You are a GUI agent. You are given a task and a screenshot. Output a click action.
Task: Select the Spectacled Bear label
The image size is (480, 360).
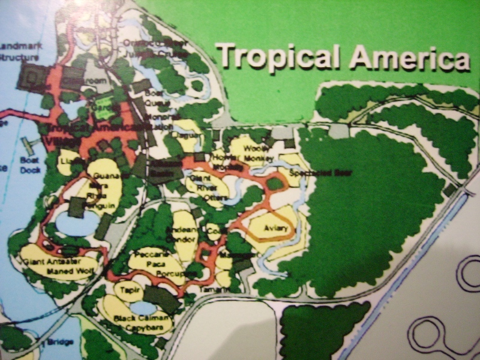[320, 173]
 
